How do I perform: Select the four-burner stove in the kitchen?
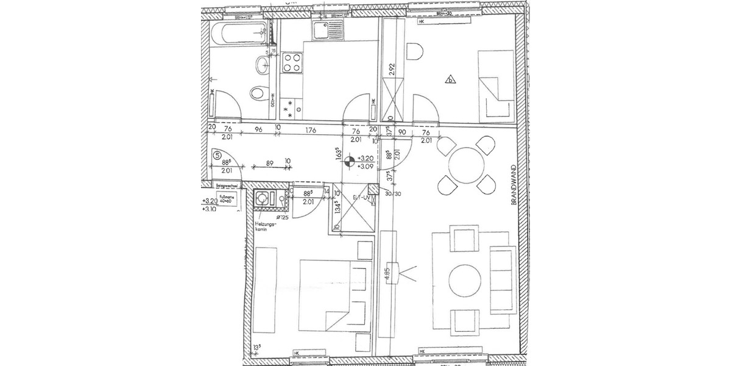click(x=292, y=62)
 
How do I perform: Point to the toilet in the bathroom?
click(x=259, y=93)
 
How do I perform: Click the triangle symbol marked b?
click(x=451, y=79)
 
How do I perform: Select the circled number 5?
click(x=217, y=156)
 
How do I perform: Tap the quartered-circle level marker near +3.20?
click(x=349, y=162)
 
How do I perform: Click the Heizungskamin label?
click(x=266, y=228)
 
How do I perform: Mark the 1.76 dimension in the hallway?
click(x=311, y=129)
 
